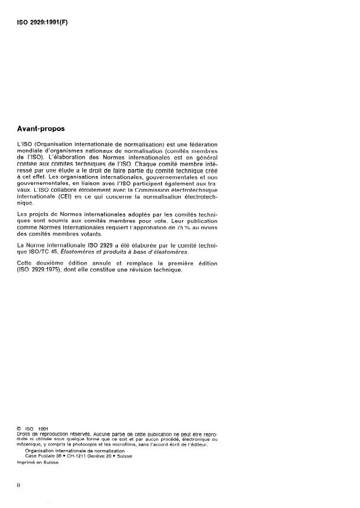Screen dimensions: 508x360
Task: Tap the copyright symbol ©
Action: click(21, 429)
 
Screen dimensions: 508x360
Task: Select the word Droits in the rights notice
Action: click(27, 434)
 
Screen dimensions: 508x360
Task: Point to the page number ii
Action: click(20, 485)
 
